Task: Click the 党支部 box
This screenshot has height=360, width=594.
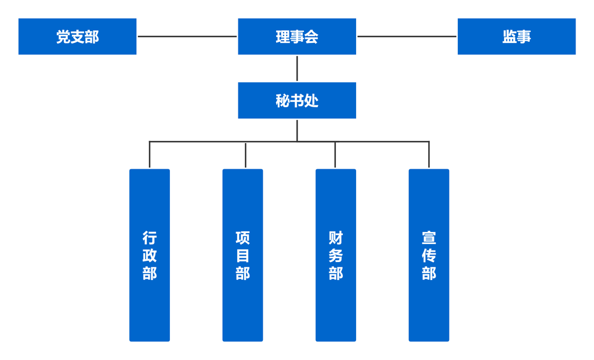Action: click(77, 37)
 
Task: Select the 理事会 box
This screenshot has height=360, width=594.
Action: click(297, 37)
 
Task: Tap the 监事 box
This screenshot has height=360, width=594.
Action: click(517, 37)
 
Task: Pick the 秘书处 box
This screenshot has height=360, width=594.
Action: click(297, 100)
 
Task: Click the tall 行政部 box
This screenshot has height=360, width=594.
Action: click(150, 255)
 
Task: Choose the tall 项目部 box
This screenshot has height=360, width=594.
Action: click(243, 255)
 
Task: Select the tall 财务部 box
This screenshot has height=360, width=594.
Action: click(336, 255)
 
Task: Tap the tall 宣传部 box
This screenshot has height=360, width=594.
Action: click(429, 255)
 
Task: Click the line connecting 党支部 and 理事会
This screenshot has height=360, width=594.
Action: click(187, 37)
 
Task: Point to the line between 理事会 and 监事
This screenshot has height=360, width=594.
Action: click(407, 37)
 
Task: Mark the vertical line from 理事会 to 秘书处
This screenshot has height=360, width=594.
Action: click(297, 68)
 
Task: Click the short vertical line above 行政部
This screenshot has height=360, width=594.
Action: click(150, 154)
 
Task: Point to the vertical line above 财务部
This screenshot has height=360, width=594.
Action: click(335, 154)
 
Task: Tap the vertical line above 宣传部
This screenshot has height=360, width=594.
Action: click(429, 154)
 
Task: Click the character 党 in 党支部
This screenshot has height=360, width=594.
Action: click(63, 37)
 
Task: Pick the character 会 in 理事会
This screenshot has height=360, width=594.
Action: click(312, 37)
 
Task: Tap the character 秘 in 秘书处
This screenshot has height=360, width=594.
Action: click(282, 101)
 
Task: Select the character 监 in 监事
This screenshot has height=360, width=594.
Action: click(509, 37)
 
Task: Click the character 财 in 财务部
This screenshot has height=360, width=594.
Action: click(336, 238)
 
